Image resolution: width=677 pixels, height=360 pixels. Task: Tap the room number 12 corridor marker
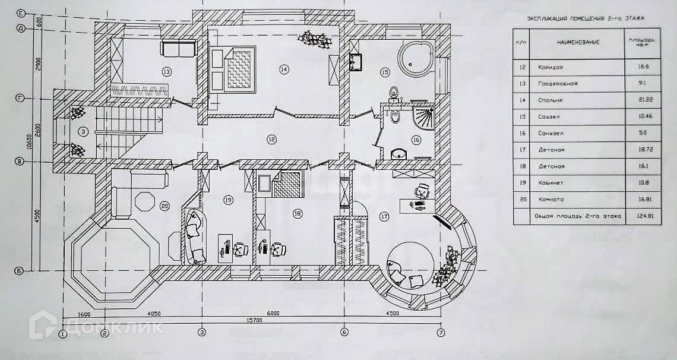click(x=271, y=140)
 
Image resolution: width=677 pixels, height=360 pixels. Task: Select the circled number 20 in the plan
click(x=164, y=207)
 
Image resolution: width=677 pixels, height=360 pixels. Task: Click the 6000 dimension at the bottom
click(x=273, y=313)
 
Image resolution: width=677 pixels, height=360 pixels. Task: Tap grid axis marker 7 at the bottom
click(x=441, y=332)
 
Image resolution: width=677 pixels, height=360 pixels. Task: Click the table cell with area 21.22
click(x=633, y=100)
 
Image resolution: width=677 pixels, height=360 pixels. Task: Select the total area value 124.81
click(x=633, y=216)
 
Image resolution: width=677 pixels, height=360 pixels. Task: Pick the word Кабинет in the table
click(x=550, y=184)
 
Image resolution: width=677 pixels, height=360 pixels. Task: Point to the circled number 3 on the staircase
click(x=84, y=131)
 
